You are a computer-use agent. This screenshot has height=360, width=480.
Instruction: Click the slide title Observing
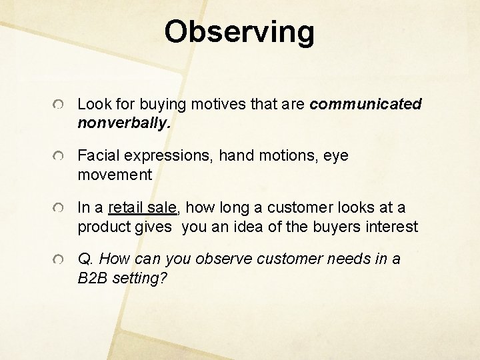tap(239, 31)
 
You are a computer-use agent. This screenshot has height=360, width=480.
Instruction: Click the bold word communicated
tap(365, 104)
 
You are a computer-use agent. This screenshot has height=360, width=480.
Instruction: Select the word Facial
tap(97, 156)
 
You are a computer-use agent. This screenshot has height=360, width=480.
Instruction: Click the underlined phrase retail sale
tap(141, 208)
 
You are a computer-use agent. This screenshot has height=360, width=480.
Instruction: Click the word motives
tap(214, 104)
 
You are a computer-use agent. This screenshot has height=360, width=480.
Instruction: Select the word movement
tap(115, 175)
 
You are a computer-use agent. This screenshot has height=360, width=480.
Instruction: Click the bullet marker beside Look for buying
tap(60, 105)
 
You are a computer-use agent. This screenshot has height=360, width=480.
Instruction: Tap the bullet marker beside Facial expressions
tap(60, 157)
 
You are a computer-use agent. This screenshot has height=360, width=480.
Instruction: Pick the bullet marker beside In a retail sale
tap(60, 209)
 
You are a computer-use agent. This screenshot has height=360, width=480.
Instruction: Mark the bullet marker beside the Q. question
tap(60, 260)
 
